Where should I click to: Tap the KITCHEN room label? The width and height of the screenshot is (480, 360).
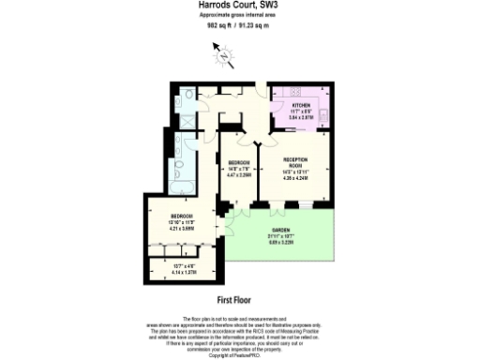click(300, 106)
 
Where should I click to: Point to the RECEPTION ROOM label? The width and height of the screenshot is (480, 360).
click(295, 164)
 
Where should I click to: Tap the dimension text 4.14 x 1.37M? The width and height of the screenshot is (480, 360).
click(169, 272)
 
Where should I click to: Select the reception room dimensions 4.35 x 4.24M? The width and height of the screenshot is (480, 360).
click(295, 179)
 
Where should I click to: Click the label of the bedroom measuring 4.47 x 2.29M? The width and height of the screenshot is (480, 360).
click(238, 163)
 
